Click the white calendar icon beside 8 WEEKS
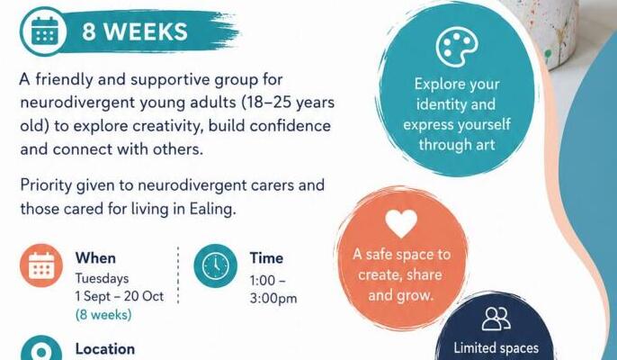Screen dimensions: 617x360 coord(44,31)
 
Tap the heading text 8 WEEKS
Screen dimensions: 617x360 coord(135,31)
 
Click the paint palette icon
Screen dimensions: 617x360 coord(457,48)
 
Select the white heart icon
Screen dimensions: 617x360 coord(401,223)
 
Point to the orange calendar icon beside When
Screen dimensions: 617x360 coord(41,265)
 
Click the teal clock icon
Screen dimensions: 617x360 coord(216,265)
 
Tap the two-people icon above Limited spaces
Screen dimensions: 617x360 coord(496,319)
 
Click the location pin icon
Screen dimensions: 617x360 coord(41,348)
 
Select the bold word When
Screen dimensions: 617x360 coord(95,258)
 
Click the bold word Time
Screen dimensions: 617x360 coord(266,258)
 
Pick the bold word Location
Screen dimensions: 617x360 coord(105,349)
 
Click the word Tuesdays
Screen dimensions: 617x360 coord(102,278)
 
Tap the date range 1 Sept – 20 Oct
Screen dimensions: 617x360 coord(120,296)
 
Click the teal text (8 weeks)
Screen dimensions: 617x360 coord(103,315)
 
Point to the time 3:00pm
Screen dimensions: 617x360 coord(273,299)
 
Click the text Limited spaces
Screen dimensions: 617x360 coord(496,348)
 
